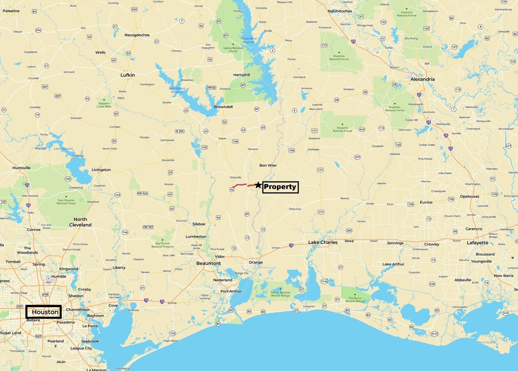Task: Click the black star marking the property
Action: [x=258, y=185]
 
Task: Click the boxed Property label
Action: [x=280, y=187]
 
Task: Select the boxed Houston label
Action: [x=44, y=312]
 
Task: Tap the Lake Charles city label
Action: [x=323, y=242]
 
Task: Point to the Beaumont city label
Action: [x=209, y=263]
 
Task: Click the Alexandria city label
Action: [x=423, y=79]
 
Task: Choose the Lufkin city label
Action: [x=128, y=75]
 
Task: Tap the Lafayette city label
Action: [x=478, y=243]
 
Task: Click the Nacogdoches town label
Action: [x=137, y=35]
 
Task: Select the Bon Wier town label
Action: [x=268, y=165]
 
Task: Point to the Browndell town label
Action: [x=223, y=107]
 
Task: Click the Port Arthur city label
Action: [x=231, y=291]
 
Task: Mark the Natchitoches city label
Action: [x=340, y=11]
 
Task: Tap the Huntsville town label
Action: [x=21, y=168]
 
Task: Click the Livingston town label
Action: [x=101, y=170]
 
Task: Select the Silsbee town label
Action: [x=199, y=224]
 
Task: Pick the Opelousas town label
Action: [x=469, y=197]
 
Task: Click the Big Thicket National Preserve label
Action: [x=163, y=245]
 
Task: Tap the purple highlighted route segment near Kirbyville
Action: [x=239, y=186]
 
